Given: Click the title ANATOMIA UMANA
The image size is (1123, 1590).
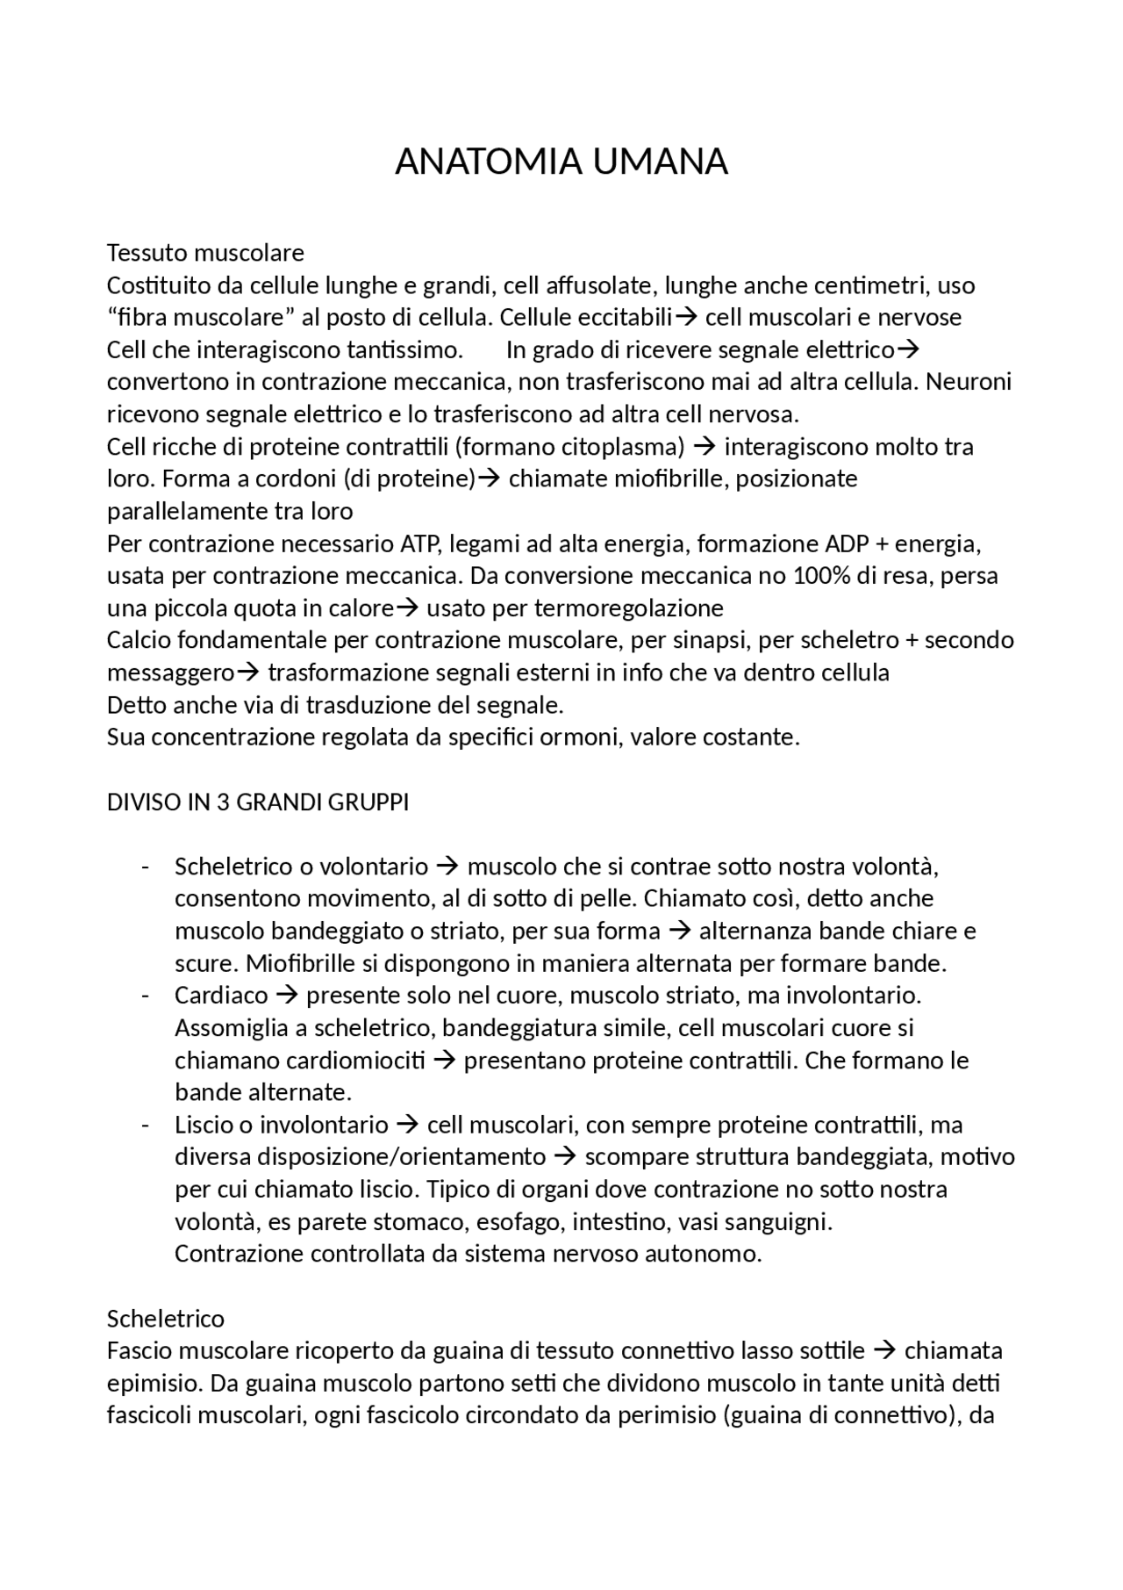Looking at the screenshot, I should tap(561, 162).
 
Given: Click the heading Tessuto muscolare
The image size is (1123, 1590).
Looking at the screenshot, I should tap(205, 253).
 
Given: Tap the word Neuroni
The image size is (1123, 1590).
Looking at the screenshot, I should tap(969, 382).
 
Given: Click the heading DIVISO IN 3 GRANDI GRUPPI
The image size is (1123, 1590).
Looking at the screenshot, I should tap(258, 802).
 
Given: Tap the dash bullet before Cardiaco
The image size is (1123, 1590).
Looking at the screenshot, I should tap(145, 996).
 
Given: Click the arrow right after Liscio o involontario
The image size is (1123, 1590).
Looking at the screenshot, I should tap(407, 1125).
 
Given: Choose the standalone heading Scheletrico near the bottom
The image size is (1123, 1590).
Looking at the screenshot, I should tap(166, 1319).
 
